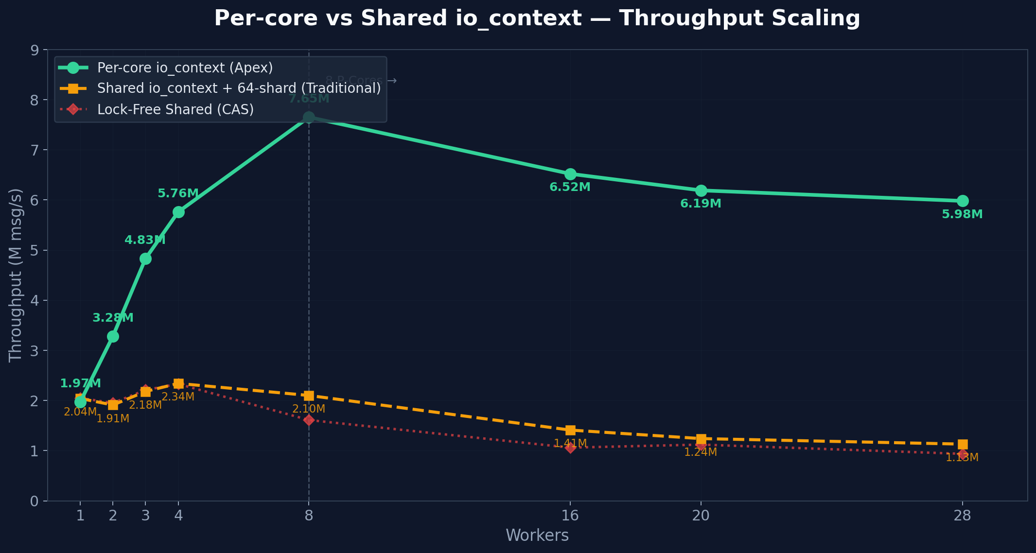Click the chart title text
[x=537, y=18]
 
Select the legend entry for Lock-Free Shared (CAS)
[x=175, y=109]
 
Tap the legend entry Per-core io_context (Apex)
[x=185, y=68]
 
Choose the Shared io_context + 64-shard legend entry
[x=239, y=88]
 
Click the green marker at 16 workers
[x=570, y=174]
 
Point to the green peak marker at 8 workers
[x=309, y=117]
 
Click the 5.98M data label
[x=962, y=214]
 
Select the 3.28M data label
[x=113, y=318]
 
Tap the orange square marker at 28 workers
[x=963, y=444]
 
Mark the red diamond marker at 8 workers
[x=309, y=420]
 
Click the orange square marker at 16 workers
[x=570, y=430]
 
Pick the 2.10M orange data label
[x=309, y=409]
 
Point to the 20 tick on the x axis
[x=701, y=516]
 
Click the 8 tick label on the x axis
[x=309, y=516]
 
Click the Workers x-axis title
[x=537, y=536]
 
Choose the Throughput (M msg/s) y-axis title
[x=16, y=275]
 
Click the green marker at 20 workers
[x=701, y=190]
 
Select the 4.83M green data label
[x=145, y=240]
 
